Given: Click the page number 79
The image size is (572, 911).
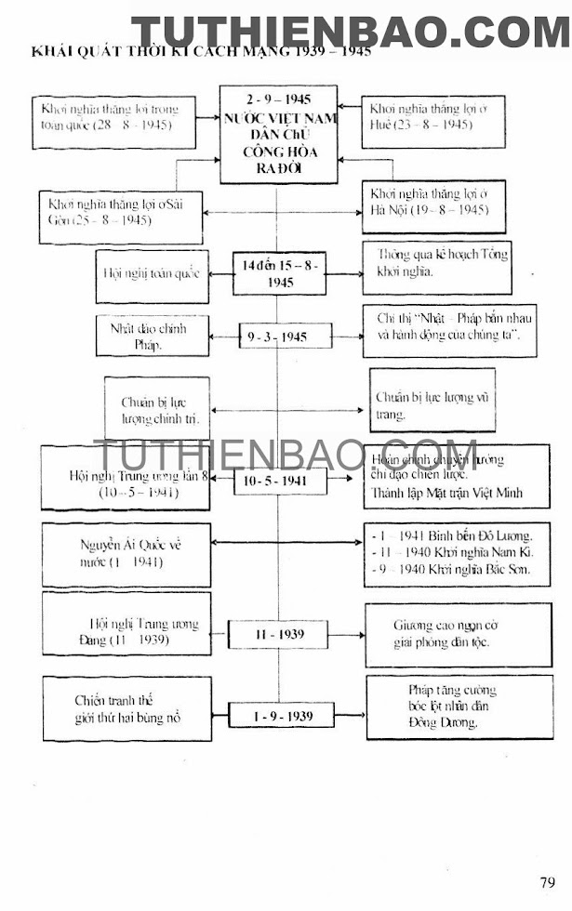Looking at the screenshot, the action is [547, 882].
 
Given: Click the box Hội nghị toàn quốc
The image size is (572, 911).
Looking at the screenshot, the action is [153, 273].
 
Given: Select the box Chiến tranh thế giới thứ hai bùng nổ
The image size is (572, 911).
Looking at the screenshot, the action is [126, 709].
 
